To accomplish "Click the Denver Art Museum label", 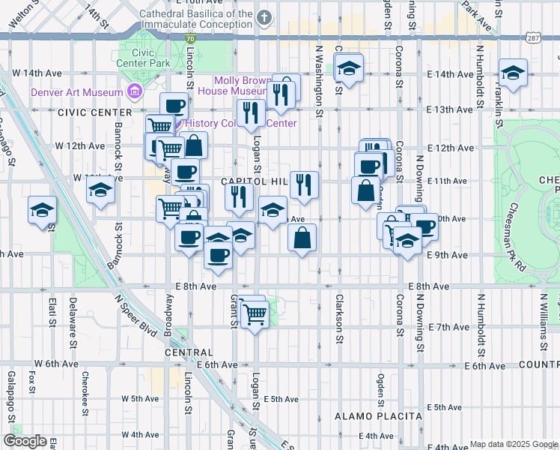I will point(76,92).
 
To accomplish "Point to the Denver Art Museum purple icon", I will point(135,92).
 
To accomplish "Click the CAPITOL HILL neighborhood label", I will point(254,181).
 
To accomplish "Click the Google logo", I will point(24,441).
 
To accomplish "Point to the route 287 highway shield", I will point(532,37).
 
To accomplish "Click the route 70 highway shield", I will point(192,37).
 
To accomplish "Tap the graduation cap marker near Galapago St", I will point(42,210).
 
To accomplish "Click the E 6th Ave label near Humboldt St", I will point(486,365).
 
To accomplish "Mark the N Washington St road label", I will point(319,82).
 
